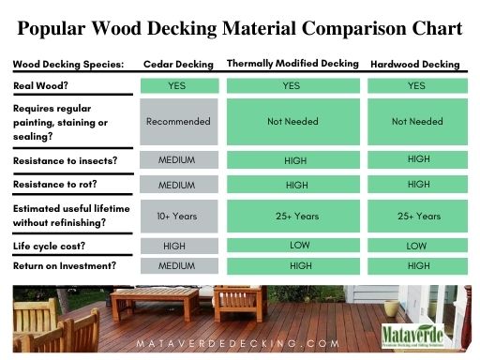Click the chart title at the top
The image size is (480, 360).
(x=239, y=28)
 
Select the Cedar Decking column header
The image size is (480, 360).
(x=178, y=65)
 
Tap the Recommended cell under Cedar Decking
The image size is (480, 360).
(x=178, y=122)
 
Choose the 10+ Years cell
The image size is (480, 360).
(x=178, y=216)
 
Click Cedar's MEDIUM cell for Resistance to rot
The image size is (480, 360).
(x=178, y=184)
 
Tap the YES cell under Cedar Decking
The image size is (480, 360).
(x=178, y=85)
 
